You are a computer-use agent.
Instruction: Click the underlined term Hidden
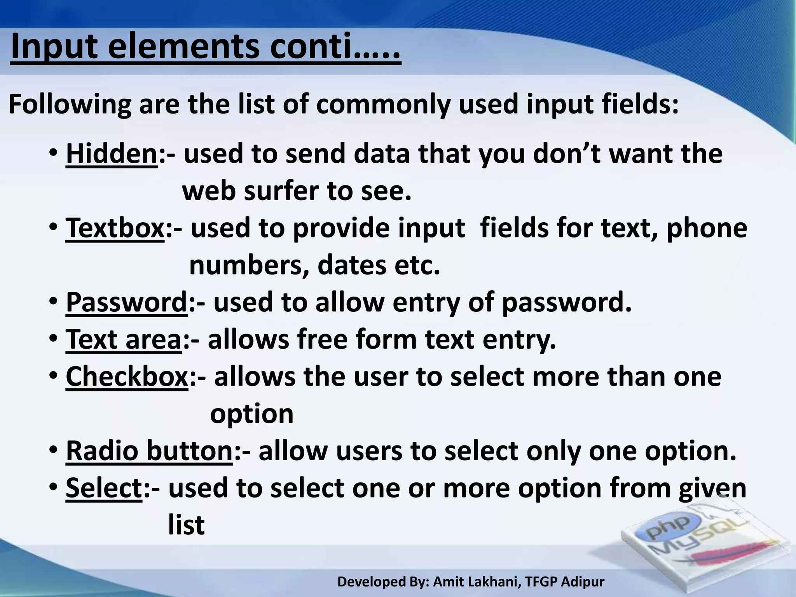[112, 154]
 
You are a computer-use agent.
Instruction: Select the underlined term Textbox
[115, 228]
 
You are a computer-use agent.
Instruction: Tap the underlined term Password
[127, 302]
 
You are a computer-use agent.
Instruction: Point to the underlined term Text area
[124, 340]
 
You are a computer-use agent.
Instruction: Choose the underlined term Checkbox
[127, 377]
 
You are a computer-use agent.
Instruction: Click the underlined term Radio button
[149, 451]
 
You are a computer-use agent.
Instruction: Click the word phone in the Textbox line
[707, 228]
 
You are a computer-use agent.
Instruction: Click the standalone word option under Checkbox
[251, 414]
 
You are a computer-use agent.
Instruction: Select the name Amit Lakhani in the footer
[477, 582]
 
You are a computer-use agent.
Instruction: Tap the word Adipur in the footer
[583, 582]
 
